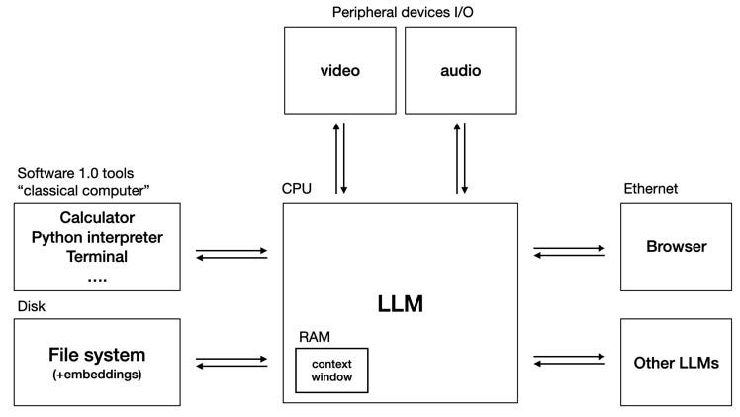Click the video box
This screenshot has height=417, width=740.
coord(339,72)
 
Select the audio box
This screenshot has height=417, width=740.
coord(460,72)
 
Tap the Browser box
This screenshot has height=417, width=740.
coord(677,247)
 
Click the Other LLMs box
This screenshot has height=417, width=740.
coord(677,362)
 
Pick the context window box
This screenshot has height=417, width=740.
coord(331,371)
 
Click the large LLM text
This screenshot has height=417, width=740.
coord(400,304)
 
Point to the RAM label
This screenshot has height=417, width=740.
coord(314,337)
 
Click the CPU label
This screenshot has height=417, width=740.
coord(298,189)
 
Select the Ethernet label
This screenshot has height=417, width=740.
coord(649,189)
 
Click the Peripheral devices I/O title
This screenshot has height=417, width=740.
coord(400,11)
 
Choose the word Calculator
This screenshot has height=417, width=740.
coord(97,217)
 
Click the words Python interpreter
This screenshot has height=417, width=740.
coord(97,237)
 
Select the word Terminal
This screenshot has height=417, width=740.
coord(97,257)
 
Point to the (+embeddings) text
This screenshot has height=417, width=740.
coord(97,375)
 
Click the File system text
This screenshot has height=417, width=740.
coord(97,354)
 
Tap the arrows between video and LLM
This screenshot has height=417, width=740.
coord(339,157)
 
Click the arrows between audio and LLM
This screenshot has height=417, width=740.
coord(460,157)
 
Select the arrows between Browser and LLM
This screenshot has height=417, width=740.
coord(569,253)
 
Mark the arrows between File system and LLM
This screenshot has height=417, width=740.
coord(231,363)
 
